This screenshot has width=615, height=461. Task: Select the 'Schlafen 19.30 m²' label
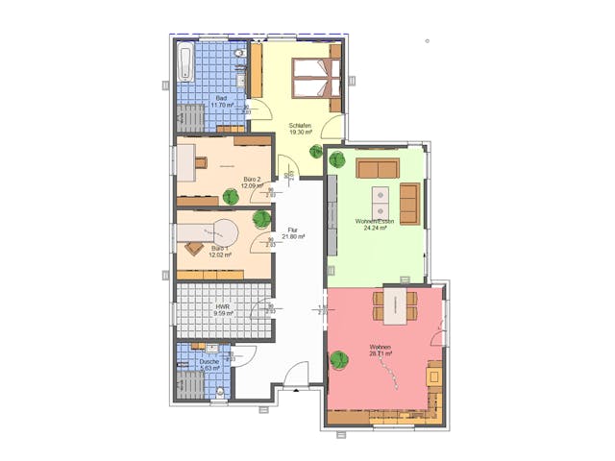[302, 127]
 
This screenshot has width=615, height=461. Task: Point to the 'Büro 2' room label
[253, 182]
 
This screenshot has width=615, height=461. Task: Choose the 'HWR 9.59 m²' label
[224, 310]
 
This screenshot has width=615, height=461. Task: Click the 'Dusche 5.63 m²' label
[209, 364]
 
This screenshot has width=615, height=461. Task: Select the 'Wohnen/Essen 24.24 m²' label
[372, 225]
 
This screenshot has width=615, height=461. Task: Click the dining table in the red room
[397, 304]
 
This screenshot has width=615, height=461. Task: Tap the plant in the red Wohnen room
[337, 360]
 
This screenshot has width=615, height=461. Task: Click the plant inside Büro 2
[231, 197]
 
